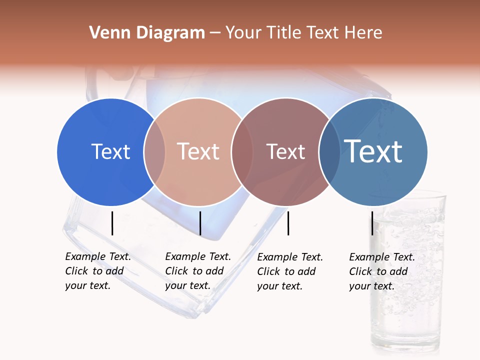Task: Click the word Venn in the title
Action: pyautogui.click(x=105, y=33)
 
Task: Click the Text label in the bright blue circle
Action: pyautogui.click(x=110, y=151)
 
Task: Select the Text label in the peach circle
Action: pyautogui.click(x=198, y=151)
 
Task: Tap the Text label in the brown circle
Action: pyautogui.click(x=285, y=151)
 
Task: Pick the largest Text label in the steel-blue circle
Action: pyautogui.click(x=373, y=151)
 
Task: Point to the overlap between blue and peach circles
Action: pyautogui.click(x=154, y=151)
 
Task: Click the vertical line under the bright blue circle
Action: pyautogui.click(x=112, y=223)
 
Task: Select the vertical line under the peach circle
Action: pyautogui.click(x=200, y=223)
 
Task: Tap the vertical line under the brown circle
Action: pyautogui.click(x=288, y=223)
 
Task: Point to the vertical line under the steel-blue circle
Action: pyautogui.click(x=372, y=223)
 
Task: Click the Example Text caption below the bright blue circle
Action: pyautogui.click(x=97, y=271)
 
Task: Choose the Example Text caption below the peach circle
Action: pyautogui.click(x=197, y=271)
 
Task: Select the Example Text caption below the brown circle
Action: pyautogui.click(x=289, y=271)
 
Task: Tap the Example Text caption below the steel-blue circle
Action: pyautogui.click(x=381, y=271)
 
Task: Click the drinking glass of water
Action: pyautogui.click(x=407, y=275)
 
